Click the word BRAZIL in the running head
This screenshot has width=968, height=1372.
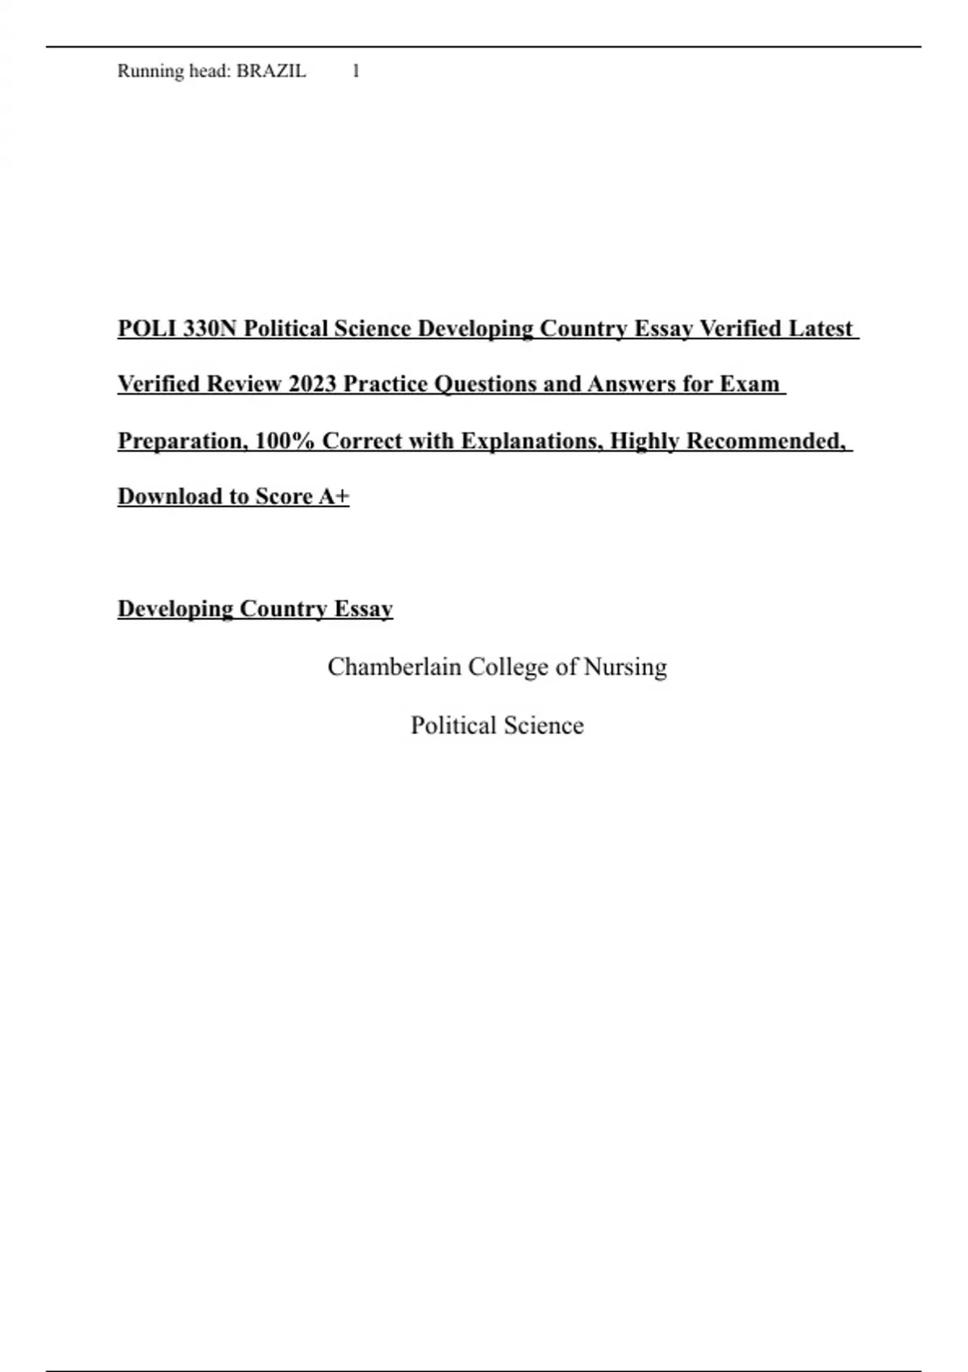tap(271, 71)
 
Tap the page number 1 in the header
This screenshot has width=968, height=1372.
tap(356, 71)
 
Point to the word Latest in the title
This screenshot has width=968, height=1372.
tap(820, 328)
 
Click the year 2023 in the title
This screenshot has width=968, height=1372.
tap(312, 383)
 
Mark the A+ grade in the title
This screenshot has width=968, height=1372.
tap(334, 496)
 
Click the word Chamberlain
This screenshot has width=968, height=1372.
tap(394, 667)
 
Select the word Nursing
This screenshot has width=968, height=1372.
tap(625, 667)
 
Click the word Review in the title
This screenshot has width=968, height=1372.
tap(244, 383)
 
